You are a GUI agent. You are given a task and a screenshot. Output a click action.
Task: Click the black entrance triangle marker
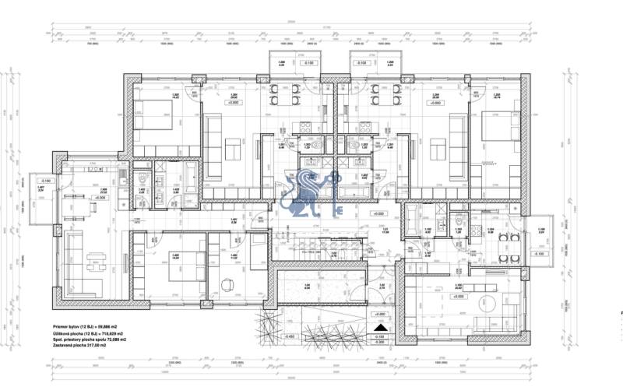(x=380, y=329)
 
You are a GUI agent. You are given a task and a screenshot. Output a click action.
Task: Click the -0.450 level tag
(x=290, y=336)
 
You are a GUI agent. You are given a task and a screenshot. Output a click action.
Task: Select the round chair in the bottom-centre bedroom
(x=227, y=284)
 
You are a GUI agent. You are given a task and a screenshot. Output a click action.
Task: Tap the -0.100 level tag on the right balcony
(x=539, y=254)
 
